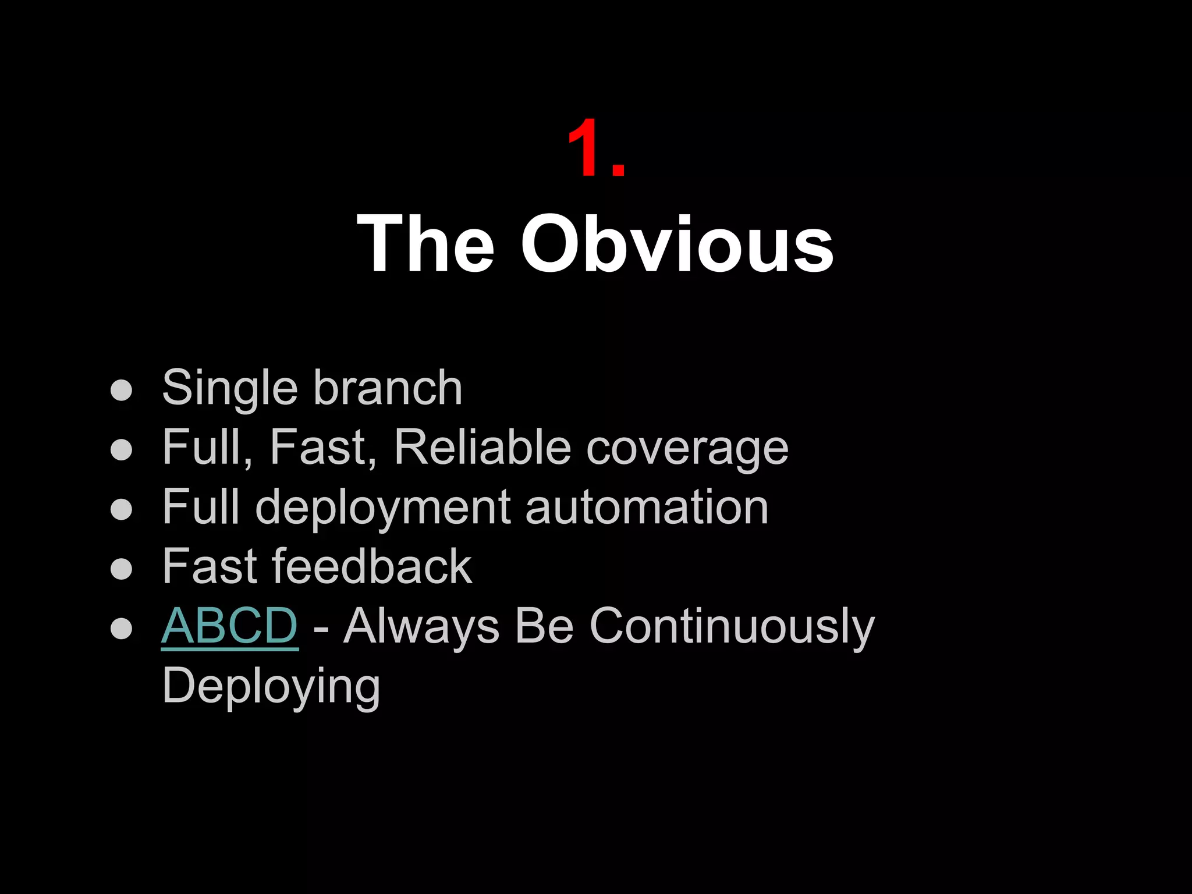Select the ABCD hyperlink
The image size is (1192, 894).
[229, 626]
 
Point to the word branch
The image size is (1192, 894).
[388, 388]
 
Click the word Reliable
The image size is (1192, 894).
[483, 448]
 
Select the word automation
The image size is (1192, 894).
[647, 507]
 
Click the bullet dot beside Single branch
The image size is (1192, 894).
[121, 391]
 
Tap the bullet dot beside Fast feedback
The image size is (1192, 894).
[121, 569]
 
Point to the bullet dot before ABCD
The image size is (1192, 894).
[121, 629]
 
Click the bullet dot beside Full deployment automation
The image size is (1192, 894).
[121, 509]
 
